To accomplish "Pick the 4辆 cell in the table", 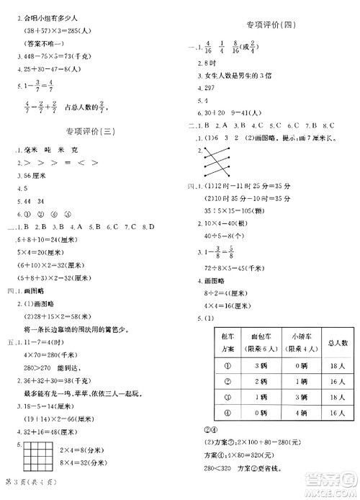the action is [297, 412].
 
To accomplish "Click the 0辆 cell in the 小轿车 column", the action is [297, 365].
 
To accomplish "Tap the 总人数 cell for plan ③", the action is [332, 397].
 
